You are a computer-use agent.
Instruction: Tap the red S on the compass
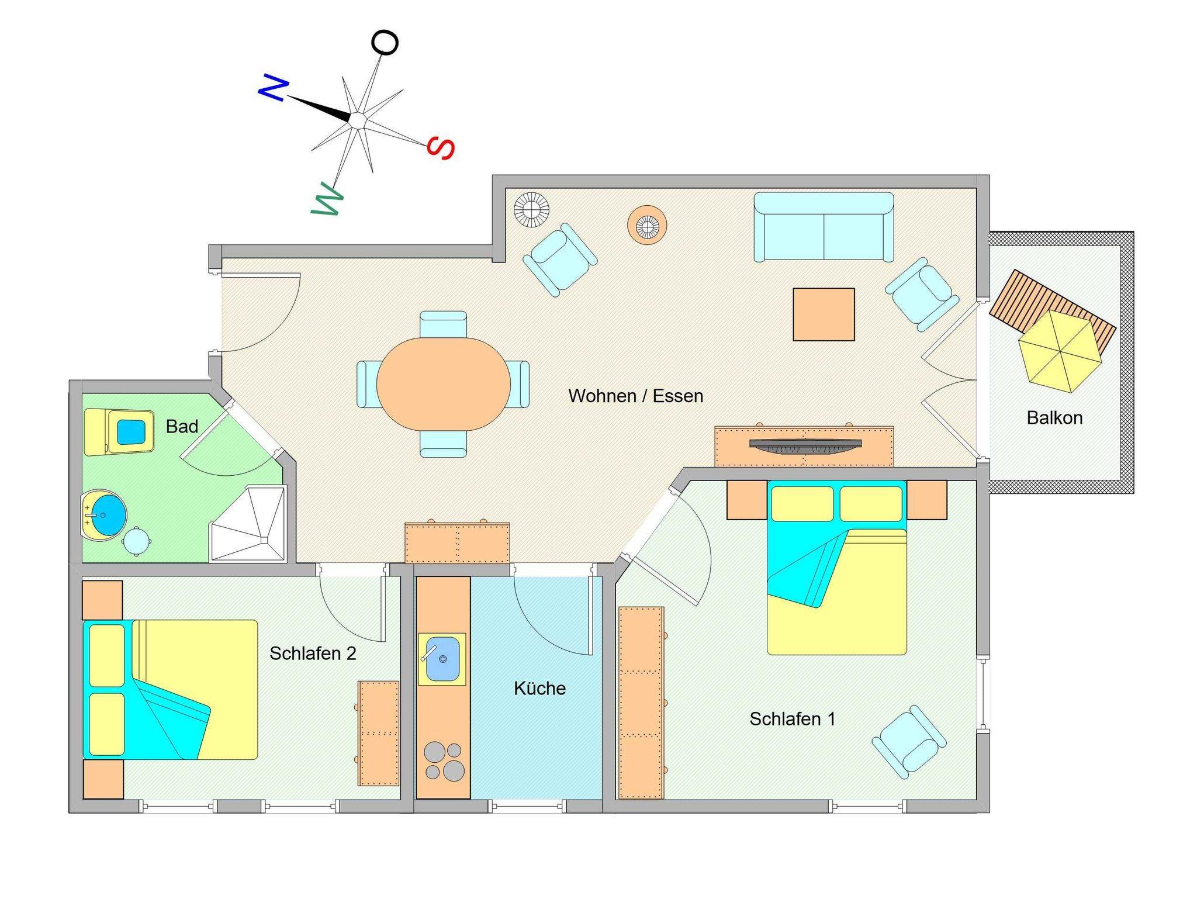coord(441,147)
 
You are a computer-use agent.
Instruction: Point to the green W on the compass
coord(327,200)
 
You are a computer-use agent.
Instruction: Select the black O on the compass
coord(385,43)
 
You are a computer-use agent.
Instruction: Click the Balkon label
coord(1054,418)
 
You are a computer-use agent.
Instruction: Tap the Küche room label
coord(539,688)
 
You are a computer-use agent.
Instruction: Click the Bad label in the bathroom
coord(182,427)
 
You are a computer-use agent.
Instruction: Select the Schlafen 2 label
coord(313,653)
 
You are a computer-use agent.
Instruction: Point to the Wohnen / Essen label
coord(635,396)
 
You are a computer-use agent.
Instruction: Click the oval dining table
coord(444,384)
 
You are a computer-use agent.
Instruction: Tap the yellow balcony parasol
coord(1060,351)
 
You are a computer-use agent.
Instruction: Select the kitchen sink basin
coord(442,659)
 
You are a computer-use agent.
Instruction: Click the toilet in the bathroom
coord(119,432)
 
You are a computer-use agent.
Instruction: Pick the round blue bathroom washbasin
coord(104,515)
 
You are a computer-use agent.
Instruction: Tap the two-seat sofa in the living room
coord(824,227)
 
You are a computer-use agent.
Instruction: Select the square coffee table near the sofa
coord(824,314)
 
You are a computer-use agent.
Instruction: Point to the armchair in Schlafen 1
coord(909,742)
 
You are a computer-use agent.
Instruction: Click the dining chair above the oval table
coord(443,324)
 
